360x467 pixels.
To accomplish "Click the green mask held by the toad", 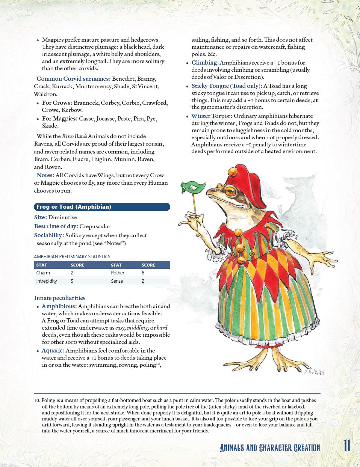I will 193,187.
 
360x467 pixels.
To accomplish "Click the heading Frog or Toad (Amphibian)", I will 74,207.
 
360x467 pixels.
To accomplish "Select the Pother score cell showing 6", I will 143,273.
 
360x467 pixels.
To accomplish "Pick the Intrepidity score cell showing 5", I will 72,281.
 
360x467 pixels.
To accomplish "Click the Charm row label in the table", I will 43,273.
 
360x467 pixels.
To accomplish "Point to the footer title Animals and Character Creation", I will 270,448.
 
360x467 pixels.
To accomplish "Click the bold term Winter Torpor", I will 212,116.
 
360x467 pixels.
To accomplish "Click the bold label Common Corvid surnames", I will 73,79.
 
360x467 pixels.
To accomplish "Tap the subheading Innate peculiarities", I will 60,298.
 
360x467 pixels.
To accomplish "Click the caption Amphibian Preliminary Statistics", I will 72,257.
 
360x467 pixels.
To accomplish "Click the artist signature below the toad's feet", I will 313,372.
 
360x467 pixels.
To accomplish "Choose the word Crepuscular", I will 95,226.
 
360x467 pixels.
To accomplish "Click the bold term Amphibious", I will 59,306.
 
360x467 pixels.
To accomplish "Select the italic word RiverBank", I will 74,136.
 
